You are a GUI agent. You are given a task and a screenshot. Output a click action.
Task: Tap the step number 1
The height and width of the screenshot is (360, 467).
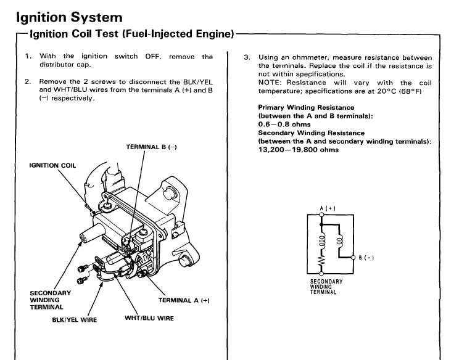click(x=28, y=57)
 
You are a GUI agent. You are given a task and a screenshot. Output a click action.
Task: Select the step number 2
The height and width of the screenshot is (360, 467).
click(x=28, y=81)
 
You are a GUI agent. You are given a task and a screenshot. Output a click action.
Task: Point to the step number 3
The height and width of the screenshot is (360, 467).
click(x=247, y=57)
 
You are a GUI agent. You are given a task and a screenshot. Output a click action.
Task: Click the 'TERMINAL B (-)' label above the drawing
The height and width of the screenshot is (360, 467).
click(x=152, y=147)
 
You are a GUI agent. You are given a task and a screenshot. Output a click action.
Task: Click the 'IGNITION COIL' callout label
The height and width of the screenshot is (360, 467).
click(x=52, y=165)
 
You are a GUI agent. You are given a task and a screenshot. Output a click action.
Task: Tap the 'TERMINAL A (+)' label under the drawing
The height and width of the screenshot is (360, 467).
click(x=184, y=300)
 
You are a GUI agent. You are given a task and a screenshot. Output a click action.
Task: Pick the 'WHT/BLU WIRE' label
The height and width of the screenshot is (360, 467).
click(x=149, y=318)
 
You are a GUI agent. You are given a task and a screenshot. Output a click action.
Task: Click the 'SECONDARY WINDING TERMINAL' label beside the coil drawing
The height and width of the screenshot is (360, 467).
click(x=50, y=300)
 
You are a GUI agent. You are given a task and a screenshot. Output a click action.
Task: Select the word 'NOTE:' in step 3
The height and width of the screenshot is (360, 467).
click(x=270, y=83)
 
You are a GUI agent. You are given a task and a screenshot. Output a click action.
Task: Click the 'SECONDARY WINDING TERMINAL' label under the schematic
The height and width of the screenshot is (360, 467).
click(x=326, y=287)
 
